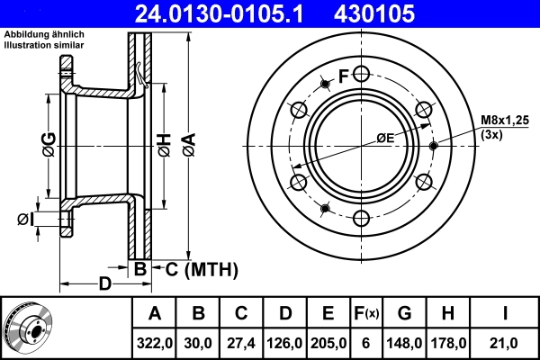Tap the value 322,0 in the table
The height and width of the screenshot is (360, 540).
(155, 343)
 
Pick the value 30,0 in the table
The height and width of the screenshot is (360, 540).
(198, 343)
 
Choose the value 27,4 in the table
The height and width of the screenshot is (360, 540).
(241, 343)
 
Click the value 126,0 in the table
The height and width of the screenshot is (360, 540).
(284, 343)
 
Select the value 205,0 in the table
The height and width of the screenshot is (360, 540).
(328, 343)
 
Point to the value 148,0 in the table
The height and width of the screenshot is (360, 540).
(404, 343)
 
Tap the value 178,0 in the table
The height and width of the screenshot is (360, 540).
(447, 343)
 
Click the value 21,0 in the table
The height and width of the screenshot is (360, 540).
(506, 343)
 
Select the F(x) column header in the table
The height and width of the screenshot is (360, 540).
(365, 313)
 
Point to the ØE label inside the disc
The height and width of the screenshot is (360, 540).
(384, 138)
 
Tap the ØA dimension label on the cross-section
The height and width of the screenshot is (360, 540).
(188, 143)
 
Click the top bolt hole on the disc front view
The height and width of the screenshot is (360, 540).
(361, 74)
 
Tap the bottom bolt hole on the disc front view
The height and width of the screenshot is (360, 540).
(361, 218)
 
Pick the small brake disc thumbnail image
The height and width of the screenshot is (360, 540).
(29, 328)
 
